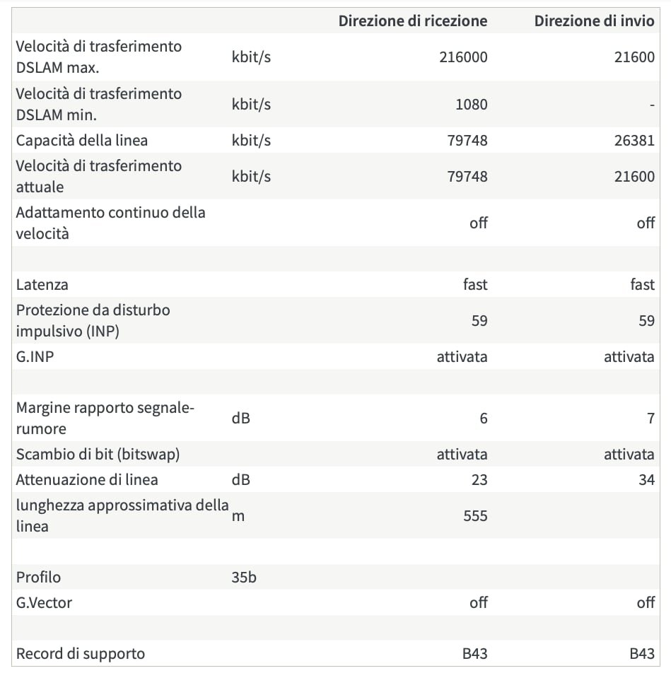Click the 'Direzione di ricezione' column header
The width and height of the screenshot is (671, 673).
pos(413,21)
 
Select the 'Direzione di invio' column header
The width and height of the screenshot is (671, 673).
pos(594,21)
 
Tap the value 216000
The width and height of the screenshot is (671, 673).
pos(463,57)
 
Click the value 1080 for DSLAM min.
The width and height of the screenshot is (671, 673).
pos(472,105)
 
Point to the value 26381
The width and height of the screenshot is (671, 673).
pos(635,140)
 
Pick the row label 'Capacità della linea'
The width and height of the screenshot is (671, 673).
pos(82,140)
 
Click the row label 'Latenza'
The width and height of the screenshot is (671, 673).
pos(42,285)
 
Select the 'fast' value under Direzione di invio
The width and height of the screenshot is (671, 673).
pos(642,285)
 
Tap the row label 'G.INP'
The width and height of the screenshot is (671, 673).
pos(35,357)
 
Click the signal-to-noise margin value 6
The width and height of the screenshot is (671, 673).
pos(484,419)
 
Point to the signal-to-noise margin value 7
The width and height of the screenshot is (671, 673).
pos(650,419)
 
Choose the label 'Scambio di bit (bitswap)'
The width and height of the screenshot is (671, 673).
pos(98,454)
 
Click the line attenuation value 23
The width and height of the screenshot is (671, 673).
pos(479,480)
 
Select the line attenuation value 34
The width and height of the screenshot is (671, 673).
pos(646,480)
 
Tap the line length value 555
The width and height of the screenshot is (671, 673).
pos(475,516)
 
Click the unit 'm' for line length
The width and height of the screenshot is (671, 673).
pos(238,516)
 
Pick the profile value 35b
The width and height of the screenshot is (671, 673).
pos(245,578)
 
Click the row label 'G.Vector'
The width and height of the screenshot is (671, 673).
pos(44,603)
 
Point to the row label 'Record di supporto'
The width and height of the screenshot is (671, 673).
pos(81,654)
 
